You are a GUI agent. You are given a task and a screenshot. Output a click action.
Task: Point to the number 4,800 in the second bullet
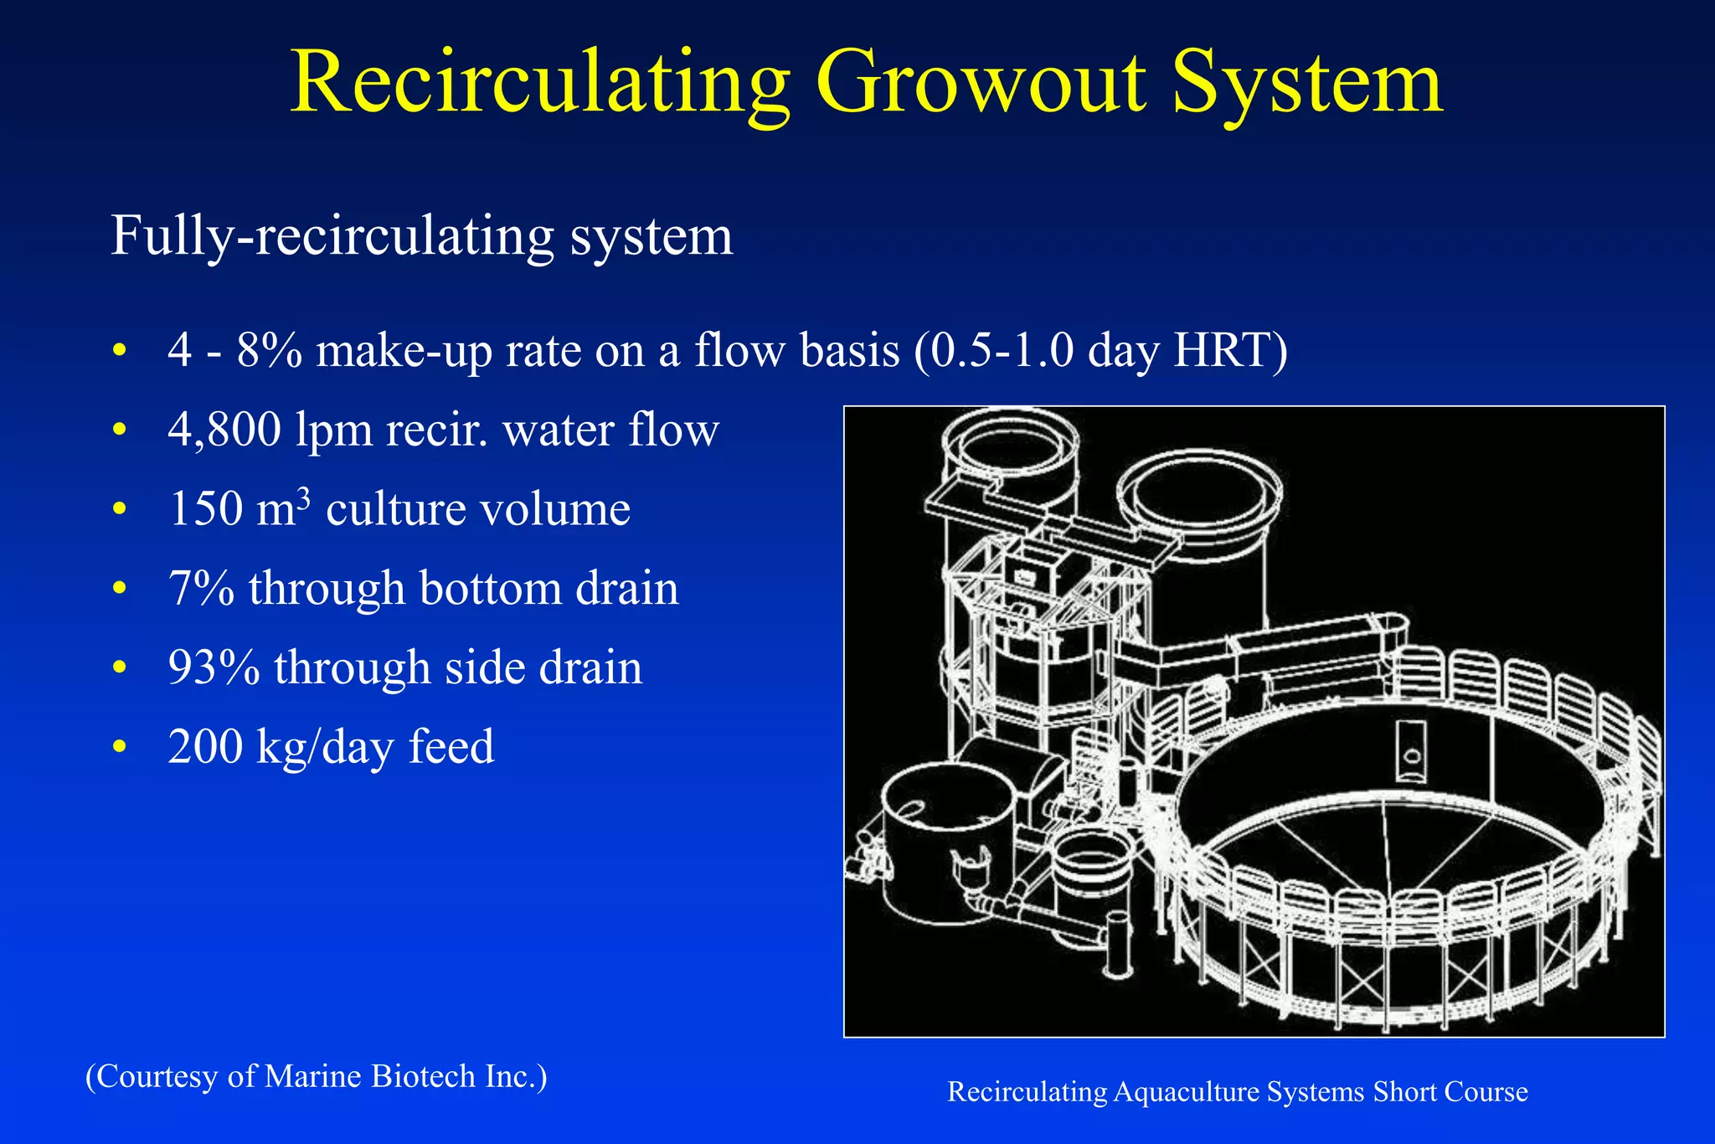click(x=224, y=430)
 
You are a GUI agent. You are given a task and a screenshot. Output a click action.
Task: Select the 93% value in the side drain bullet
click(x=214, y=667)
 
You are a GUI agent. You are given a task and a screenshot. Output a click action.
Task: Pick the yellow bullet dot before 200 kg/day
click(x=120, y=746)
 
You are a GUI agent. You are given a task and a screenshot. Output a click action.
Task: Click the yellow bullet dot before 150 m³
click(x=120, y=508)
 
